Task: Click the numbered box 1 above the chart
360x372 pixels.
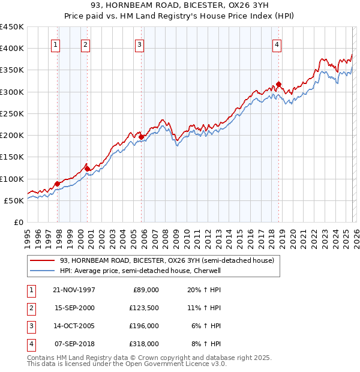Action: click(x=55, y=44)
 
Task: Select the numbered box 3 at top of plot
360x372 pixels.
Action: click(x=139, y=44)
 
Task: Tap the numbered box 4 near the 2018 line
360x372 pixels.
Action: click(x=277, y=44)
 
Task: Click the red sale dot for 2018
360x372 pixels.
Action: click(x=278, y=84)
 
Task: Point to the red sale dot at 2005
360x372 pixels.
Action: click(x=142, y=137)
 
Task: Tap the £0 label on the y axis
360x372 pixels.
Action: click(x=18, y=222)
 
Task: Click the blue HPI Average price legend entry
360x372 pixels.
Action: click(x=140, y=271)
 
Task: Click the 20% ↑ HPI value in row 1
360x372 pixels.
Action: click(x=206, y=289)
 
